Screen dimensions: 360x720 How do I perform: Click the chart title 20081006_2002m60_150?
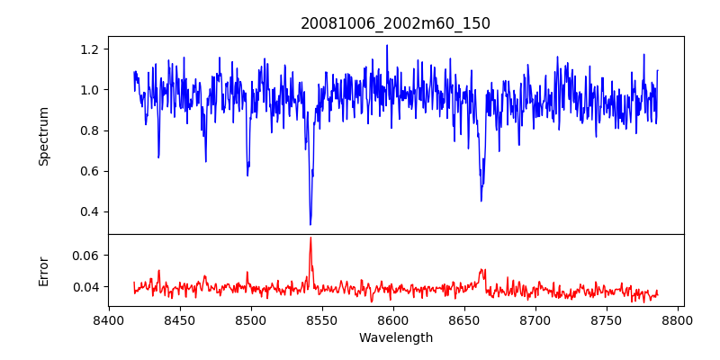(x=395, y=23)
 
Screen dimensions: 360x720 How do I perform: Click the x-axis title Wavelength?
(x=395, y=337)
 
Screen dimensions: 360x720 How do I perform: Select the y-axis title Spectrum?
(x=43, y=136)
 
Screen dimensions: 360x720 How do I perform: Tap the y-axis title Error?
(x=43, y=270)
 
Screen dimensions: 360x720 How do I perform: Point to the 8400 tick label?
(x=109, y=319)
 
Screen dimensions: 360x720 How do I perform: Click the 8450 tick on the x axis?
(x=180, y=319)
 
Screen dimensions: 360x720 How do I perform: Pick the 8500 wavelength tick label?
(x=251, y=319)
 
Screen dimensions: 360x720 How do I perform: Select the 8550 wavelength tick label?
(x=322, y=319)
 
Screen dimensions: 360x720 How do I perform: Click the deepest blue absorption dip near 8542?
(x=310, y=224)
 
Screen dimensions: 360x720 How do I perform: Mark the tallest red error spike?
(x=310, y=238)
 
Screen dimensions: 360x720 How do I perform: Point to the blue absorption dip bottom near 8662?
(x=481, y=200)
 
